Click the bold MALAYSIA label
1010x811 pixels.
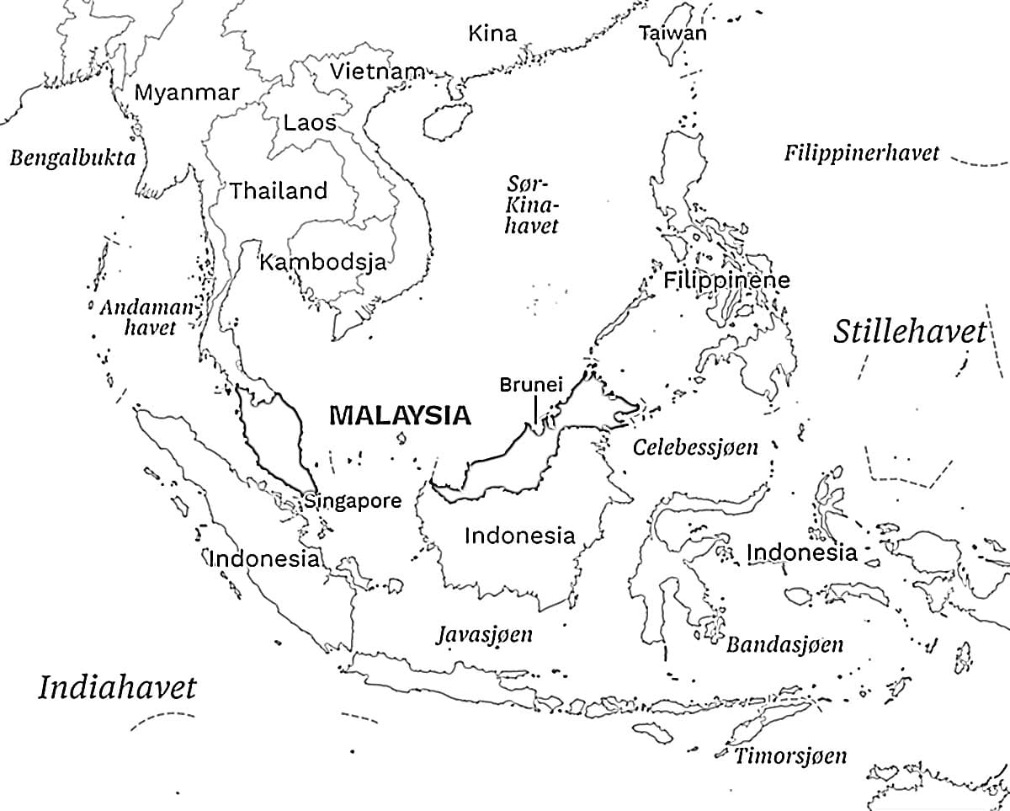click(400, 415)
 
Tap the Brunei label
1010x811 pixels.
click(530, 385)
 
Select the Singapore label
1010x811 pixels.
click(353, 501)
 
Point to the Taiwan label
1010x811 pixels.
click(672, 34)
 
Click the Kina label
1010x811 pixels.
click(492, 35)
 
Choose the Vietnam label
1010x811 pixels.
click(376, 72)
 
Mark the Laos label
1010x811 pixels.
click(310, 123)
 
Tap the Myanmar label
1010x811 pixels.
click(187, 93)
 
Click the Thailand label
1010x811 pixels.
click(279, 191)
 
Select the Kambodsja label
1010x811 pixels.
click(322, 262)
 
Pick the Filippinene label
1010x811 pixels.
click(726, 280)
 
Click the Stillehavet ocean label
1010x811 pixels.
click(909, 332)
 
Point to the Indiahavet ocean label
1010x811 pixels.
click(117, 687)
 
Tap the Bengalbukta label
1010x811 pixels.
click(72, 158)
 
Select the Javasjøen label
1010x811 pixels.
click(484, 634)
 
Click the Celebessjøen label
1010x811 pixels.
click(695, 447)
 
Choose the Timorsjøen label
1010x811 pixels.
click(790, 755)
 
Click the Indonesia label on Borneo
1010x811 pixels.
click(519, 536)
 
